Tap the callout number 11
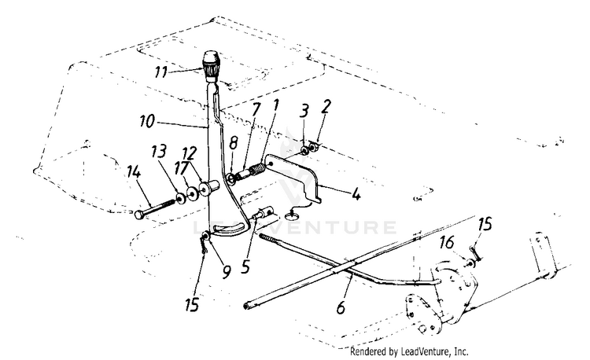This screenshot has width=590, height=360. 162,72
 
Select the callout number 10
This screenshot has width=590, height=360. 147,121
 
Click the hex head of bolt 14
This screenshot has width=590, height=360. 138,215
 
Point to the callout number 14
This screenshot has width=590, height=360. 134,172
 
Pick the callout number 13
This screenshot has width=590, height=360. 158,152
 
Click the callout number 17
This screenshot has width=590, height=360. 181,168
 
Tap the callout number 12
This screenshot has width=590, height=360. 190,153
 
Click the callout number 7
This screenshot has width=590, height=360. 256,109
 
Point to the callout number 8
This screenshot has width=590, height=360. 234,143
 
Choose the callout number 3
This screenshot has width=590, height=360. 304,112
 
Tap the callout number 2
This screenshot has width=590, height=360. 326,106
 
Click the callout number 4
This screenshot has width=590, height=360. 356,194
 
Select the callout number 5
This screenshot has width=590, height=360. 245,266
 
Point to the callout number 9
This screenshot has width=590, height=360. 226,272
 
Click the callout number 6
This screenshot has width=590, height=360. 341,307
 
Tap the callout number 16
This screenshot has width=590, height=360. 447,243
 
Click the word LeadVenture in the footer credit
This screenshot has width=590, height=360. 425,351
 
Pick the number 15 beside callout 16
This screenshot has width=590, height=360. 485,225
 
